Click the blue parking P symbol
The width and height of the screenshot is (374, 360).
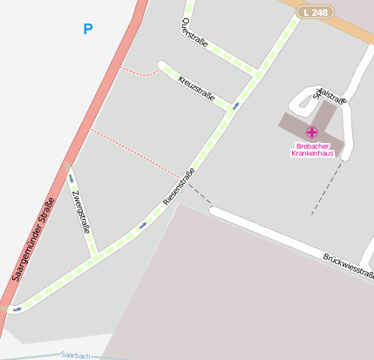click(87, 29)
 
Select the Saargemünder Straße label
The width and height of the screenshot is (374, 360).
click(35, 238)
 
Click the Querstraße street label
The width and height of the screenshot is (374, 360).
click(194, 31)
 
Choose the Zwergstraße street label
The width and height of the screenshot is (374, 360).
click(81, 213)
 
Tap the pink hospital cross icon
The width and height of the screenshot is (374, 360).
click(311, 132)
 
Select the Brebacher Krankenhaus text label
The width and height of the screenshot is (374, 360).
click(315, 149)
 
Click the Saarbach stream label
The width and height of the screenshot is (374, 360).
click(76, 356)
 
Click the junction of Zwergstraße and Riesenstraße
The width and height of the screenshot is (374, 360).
click(95, 255)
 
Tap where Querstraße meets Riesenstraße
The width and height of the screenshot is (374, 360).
click(256, 73)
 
